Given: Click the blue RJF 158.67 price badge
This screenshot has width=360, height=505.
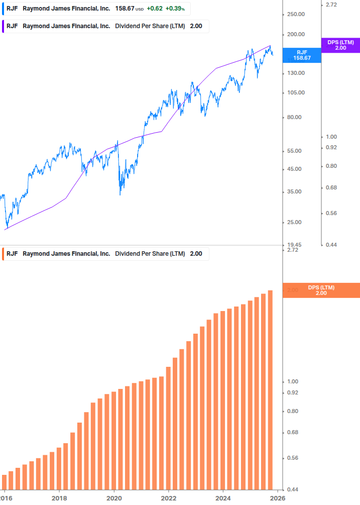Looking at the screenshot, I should point(303,55).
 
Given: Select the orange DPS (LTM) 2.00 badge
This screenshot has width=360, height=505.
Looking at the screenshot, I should point(321,290).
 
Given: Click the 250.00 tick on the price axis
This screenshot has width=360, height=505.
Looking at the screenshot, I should point(296,14).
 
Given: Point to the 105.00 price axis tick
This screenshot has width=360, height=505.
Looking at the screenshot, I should point(296,92).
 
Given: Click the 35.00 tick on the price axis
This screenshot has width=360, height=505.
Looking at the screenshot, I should point(295,191).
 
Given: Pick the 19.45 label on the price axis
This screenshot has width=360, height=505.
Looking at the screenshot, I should point(295,245).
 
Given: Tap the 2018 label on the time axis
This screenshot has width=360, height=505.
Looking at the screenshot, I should point(59,498).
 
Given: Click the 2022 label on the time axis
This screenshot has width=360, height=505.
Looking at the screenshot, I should point(169,498).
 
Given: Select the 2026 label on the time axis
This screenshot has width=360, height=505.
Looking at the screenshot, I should point(278,498).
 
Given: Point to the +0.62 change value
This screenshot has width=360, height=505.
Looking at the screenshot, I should point(155,9).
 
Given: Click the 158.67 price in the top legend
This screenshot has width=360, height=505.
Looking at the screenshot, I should point(125,9).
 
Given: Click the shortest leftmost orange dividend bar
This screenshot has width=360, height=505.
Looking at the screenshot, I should point(5,481).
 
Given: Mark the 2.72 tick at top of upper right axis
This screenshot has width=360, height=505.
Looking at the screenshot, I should point(332,5).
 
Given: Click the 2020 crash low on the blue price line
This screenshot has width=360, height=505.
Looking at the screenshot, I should point(120,194).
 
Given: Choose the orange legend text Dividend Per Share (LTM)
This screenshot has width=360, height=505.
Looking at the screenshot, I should point(150,254).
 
